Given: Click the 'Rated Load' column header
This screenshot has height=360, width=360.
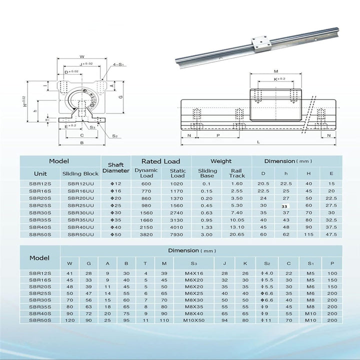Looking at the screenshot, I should pyautogui.click(x=160, y=161).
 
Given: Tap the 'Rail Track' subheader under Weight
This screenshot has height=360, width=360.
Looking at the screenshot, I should pyautogui.click(x=237, y=173).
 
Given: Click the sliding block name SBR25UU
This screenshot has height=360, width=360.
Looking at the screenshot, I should pyautogui.click(x=80, y=205).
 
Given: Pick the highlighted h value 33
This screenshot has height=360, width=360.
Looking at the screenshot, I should pyautogui.click(x=284, y=205).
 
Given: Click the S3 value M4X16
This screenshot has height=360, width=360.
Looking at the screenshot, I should pyautogui.click(x=193, y=273).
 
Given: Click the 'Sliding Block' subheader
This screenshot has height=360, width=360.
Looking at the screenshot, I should pyautogui.click(x=80, y=173).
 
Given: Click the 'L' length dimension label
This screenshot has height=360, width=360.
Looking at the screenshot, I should pyautogui.click(x=257, y=142).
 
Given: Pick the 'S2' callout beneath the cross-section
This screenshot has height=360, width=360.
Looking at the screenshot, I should pyautogui.click(x=114, y=135).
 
